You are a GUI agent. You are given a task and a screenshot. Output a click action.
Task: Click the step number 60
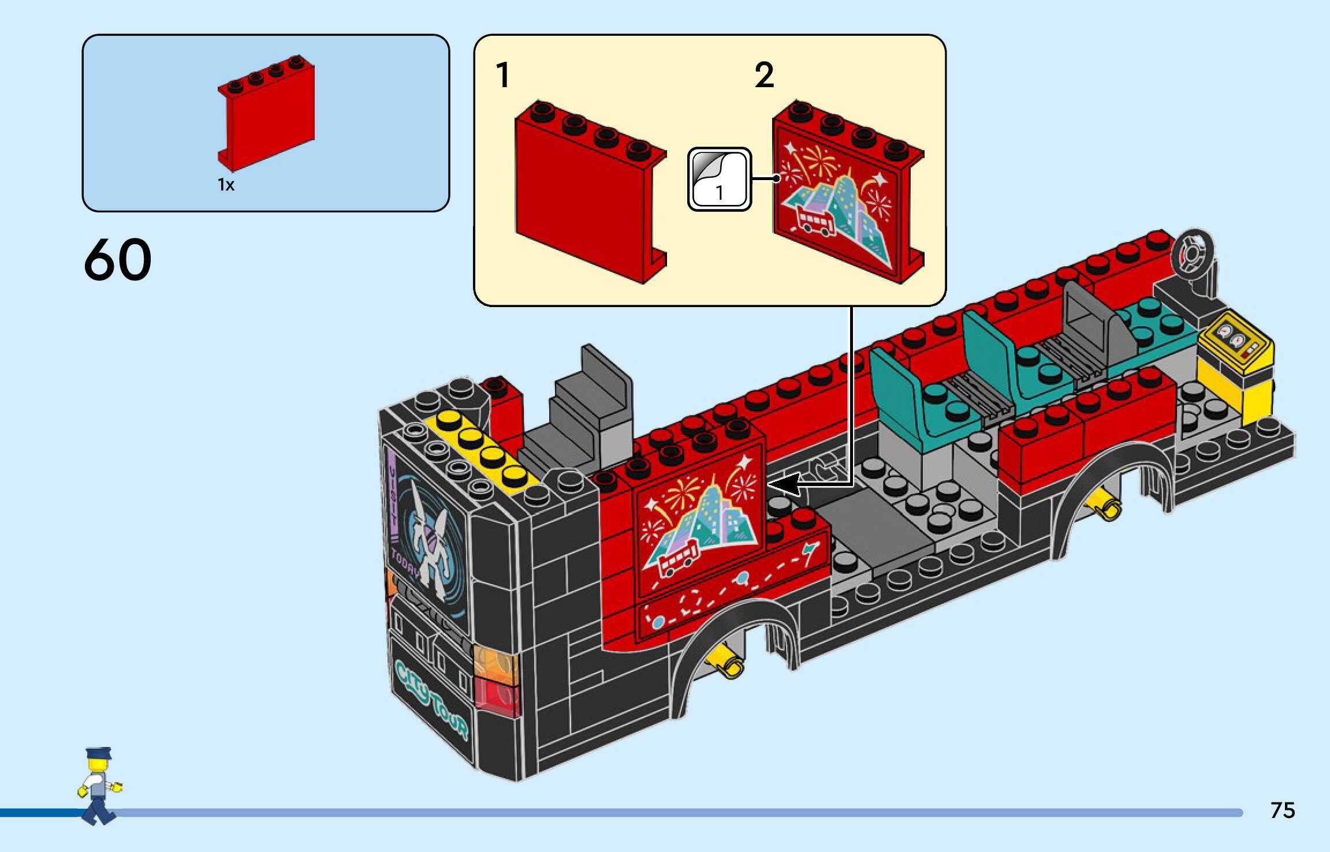118,260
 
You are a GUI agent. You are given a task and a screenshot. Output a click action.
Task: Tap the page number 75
1282,810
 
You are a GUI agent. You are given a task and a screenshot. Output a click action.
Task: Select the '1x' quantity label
226,185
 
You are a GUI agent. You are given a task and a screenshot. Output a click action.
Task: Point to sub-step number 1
503,76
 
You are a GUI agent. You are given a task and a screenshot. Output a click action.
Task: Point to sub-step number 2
763,76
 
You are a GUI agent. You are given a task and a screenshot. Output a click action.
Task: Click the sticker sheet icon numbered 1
719,179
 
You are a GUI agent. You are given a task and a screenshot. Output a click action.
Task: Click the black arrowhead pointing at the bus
785,484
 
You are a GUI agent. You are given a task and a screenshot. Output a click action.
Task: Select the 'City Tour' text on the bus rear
430,698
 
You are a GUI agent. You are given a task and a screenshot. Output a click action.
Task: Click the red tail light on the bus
496,697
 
